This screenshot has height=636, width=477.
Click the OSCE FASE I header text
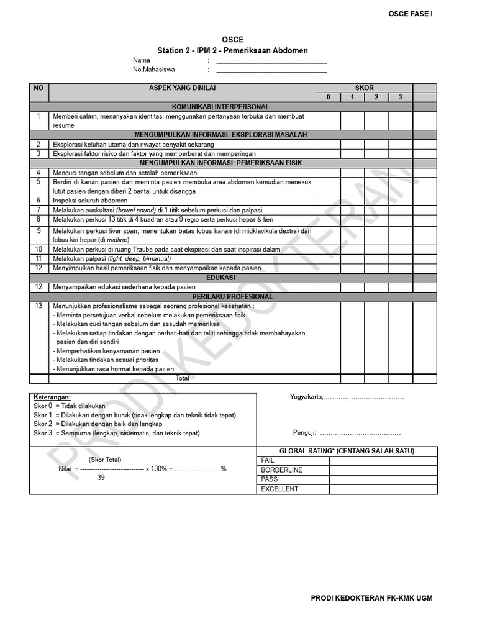[411, 13]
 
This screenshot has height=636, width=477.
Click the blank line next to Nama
[271, 61]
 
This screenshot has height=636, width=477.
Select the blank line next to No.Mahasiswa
[271, 71]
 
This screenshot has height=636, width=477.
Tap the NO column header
[39, 88]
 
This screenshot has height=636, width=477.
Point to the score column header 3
[401, 98]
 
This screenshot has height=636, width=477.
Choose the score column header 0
[328, 98]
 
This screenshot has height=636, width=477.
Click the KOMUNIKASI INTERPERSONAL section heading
[220, 107]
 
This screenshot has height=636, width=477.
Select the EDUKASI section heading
[220, 278]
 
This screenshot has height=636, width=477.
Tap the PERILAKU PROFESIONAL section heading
[220, 297]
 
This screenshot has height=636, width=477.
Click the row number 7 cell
[39, 210]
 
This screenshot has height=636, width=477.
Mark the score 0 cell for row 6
[328, 201]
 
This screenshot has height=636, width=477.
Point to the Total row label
[183, 378]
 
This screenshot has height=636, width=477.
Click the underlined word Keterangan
[52, 397]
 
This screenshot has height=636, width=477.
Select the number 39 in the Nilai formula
[101, 478]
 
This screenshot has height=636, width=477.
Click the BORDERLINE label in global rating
[282, 470]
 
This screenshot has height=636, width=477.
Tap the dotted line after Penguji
[360, 433]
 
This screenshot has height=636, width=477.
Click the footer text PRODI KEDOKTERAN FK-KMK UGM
[371, 598]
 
